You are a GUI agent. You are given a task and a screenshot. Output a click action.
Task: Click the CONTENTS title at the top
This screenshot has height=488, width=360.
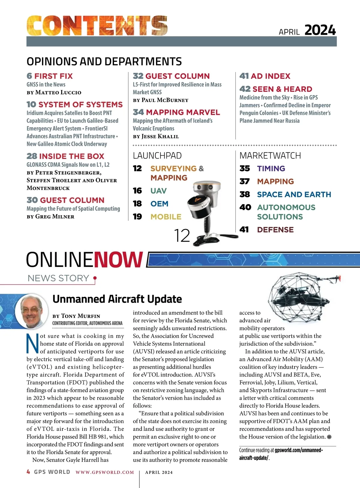[97, 26]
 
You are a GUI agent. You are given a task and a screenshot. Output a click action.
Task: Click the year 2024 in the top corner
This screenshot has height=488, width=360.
[320, 30]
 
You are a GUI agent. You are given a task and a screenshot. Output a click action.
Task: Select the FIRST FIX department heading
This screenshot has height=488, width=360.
[50, 76]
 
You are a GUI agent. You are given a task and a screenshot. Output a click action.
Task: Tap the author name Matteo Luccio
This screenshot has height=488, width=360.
[58, 92]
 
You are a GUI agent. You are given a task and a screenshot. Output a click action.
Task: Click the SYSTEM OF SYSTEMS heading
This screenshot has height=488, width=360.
[75, 104]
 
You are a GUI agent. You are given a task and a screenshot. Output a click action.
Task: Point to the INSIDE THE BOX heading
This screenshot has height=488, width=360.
[65, 156]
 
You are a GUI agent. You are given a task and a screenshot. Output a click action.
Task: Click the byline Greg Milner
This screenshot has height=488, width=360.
[55, 216]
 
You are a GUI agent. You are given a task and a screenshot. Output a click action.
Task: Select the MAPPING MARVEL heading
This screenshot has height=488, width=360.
[176, 112]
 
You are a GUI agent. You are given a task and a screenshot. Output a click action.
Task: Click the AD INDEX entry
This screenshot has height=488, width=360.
[265, 76]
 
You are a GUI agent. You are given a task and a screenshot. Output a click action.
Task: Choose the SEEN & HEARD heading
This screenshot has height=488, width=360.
[276, 89]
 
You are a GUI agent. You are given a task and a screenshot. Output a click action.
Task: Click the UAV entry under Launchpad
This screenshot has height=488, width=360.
[158, 191]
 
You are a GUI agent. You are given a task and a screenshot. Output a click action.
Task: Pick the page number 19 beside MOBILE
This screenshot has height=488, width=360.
[137, 216]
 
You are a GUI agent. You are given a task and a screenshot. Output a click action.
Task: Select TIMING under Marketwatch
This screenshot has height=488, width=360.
[271, 168]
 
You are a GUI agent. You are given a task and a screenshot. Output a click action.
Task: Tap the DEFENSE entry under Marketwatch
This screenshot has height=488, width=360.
[275, 230]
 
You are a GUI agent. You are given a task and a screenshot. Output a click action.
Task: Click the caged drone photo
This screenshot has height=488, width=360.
[301, 293]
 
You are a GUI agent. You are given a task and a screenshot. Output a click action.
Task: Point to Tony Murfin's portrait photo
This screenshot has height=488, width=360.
[31, 311]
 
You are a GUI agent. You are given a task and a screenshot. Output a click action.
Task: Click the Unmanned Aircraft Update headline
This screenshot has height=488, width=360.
[117, 299]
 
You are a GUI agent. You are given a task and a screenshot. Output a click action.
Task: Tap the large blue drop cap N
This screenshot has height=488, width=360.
[32, 343]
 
